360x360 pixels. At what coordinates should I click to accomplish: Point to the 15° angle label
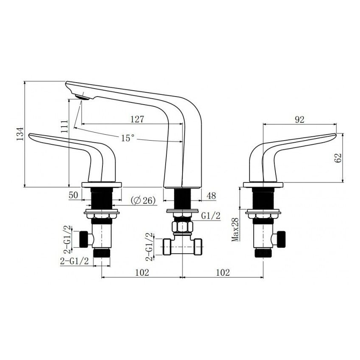127,138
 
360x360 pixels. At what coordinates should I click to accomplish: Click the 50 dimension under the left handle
73,196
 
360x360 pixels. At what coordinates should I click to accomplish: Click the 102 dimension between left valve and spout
142,273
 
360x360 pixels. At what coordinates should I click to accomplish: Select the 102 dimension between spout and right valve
222,273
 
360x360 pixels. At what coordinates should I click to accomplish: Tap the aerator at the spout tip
82,97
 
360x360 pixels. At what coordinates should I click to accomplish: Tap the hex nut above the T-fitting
182,227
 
